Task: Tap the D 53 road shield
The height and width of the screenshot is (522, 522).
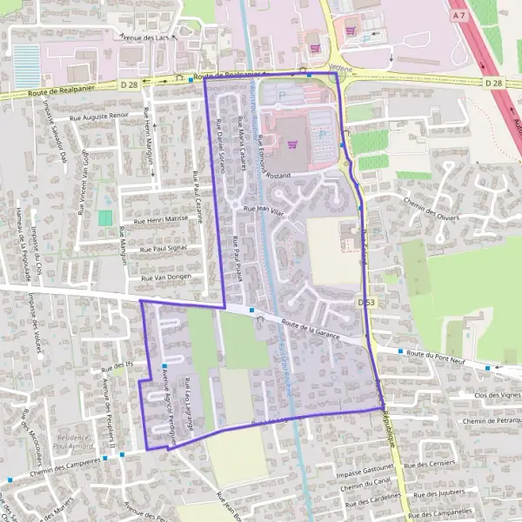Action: point(366,302)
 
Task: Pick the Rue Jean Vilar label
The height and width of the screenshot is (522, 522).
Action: point(264,210)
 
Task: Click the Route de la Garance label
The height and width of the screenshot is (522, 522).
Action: point(310,327)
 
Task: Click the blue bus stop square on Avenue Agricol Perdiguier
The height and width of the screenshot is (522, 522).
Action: point(164,365)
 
